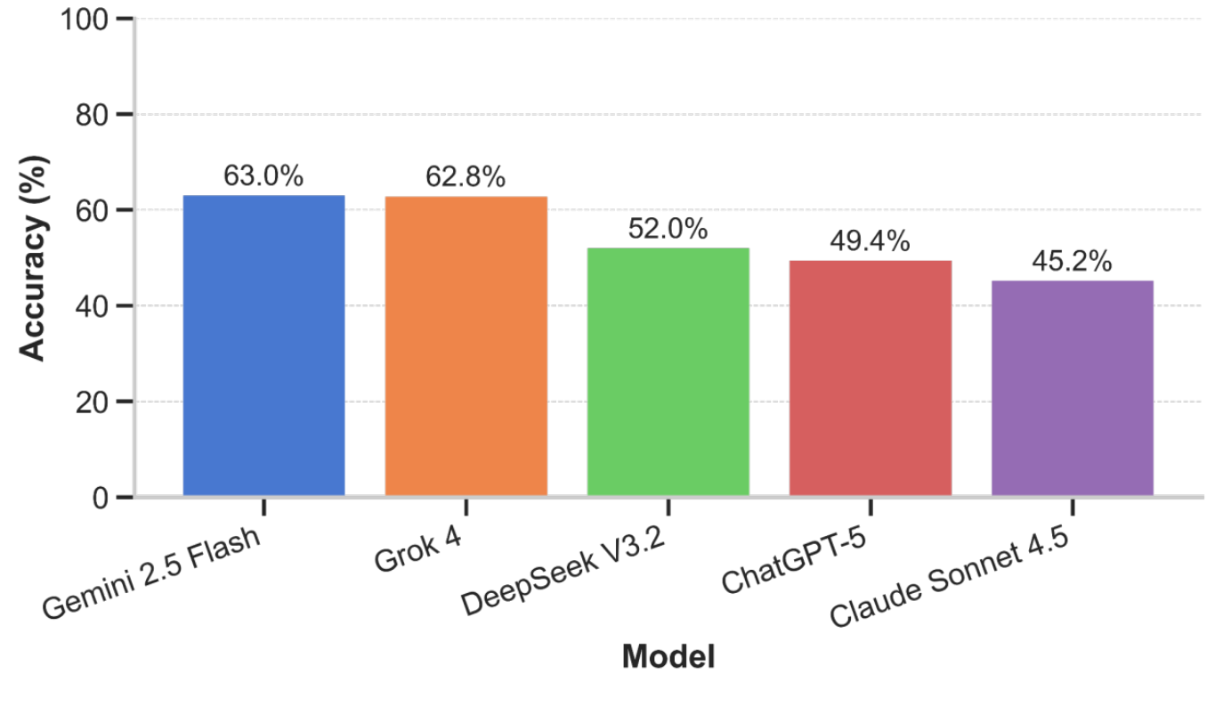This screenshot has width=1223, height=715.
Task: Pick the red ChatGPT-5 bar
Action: coord(870,378)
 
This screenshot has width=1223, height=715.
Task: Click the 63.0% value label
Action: coord(263,176)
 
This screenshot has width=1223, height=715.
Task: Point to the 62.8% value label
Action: coord(466,177)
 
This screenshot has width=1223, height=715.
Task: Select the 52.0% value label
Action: coord(668,229)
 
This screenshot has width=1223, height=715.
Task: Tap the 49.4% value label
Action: coord(870,241)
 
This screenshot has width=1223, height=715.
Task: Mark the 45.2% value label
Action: coord(1072,262)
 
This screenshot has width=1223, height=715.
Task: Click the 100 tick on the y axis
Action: coord(84,19)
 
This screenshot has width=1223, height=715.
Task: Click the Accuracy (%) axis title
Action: coord(33,258)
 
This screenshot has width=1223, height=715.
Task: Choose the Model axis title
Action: coord(668,657)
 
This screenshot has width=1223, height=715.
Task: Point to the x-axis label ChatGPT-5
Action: coord(795,557)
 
